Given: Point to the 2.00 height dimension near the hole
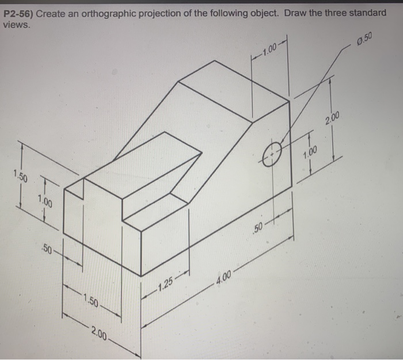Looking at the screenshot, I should pyautogui.click(x=332, y=120).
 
